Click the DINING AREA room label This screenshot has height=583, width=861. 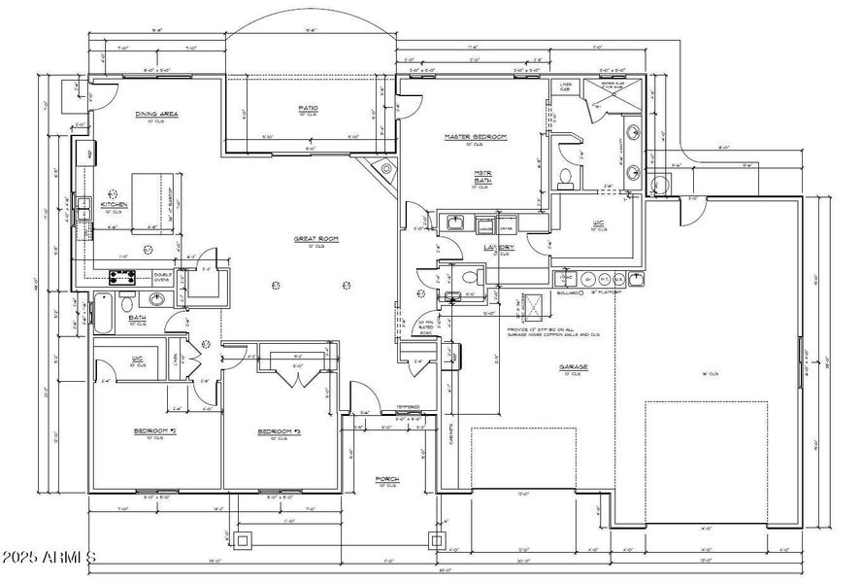coord(156,114)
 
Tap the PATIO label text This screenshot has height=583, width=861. coord(309,107)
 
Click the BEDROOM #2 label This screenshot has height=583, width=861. coord(153,430)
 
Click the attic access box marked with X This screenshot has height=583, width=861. coord(532,306)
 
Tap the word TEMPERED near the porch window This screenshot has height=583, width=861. coord(408,407)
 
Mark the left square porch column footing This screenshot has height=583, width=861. coord(244,538)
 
